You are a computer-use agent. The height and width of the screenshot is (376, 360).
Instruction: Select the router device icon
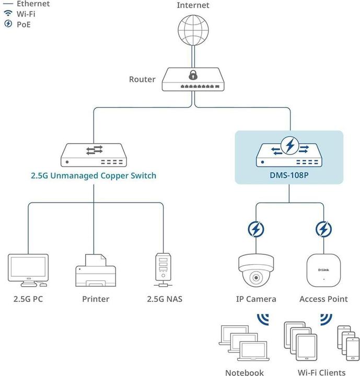point(193,80)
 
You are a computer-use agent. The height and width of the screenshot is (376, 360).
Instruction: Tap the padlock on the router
point(193,74)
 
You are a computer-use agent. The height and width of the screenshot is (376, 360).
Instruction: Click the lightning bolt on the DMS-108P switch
point(288,145)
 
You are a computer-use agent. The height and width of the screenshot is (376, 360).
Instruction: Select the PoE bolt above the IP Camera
point(256,229)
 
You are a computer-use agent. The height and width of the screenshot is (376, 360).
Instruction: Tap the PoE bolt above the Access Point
point(323,229)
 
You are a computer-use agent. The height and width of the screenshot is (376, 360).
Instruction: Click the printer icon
point(96,270)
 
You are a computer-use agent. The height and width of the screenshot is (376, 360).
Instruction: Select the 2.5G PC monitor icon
point(28,270)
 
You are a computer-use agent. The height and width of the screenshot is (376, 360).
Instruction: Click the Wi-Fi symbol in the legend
point(8,14)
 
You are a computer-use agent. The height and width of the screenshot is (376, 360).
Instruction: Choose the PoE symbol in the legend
point(8,24)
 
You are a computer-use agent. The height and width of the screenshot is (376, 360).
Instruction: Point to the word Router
point(142,79)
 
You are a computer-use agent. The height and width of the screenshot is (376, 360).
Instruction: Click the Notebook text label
point(245,372)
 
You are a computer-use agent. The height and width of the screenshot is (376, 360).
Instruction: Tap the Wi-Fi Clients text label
point(321,372)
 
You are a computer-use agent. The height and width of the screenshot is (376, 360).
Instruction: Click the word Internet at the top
point(193,5)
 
